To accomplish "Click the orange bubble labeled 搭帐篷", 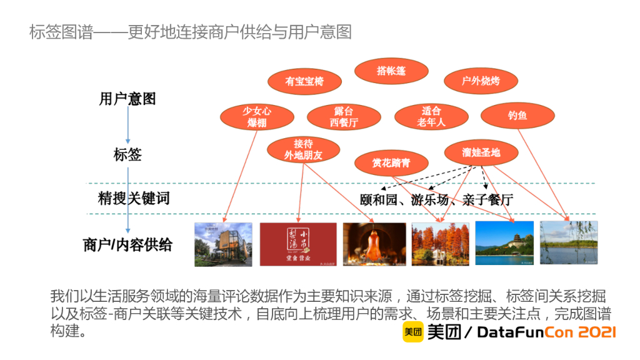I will pos(391,71).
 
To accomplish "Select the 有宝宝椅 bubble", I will pos(304,81).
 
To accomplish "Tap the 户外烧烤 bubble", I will pos(481,81).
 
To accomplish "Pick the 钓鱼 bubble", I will pos(517,116).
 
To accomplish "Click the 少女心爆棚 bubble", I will pos(257,117).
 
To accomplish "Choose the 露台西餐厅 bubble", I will pos(344,117).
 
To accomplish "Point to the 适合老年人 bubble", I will pos(431,117).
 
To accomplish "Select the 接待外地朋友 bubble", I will pos(303,149).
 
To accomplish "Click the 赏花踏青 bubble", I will pos(391,163).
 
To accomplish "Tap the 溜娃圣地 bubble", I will pos(481,152).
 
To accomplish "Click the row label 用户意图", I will pos(127,99).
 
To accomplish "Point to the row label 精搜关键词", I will pos(134,199).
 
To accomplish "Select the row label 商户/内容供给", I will pos(127,245).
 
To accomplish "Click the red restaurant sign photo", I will pos(298,244).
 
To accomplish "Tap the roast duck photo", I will pos(374,244).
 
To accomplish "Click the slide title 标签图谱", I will pos(60,32).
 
